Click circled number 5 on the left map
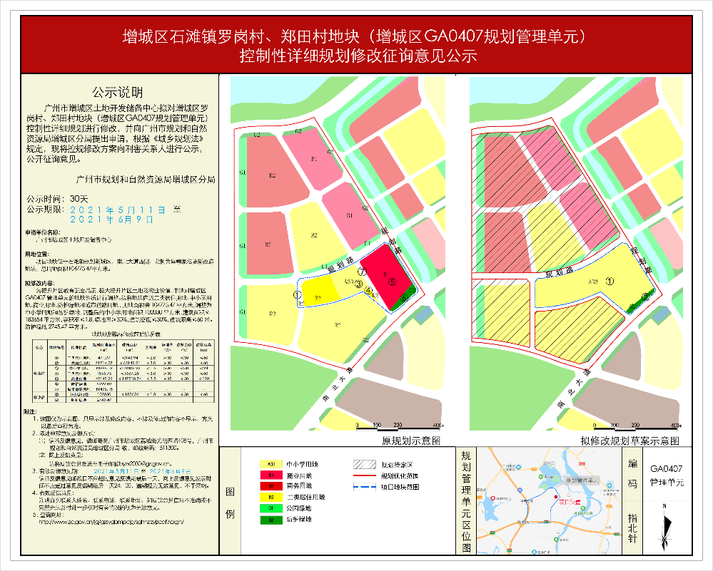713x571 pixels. pyautogui.click(x=392, y=282)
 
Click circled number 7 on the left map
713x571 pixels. pyautogui.click(x=362, y=272)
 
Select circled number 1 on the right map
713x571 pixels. pyautogui.click(x=610, y=280)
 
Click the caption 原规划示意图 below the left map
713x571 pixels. pyautogui.click(x=412, y=442)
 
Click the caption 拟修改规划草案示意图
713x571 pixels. pyautogui.click(x=629, y=442)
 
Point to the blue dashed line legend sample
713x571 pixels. pyautogui.click(x=366, y=486)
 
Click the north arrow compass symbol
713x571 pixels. pyautogui.click(x=666, y=529)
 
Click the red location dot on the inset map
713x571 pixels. pyautogui.click(x=556, y=501)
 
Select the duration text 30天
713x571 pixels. pyautogui.click(x=79, y=198)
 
